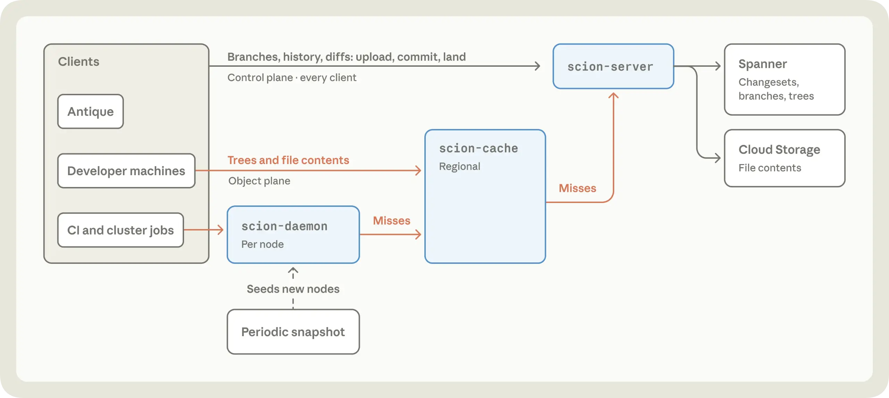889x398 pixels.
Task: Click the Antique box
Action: coord(91,112)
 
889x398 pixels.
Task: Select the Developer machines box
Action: coord(126,171)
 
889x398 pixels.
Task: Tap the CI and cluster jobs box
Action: coord(121,230)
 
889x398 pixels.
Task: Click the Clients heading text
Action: coord(78,62)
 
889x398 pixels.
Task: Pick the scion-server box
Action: coord(613,66)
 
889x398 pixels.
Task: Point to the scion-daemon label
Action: coord(284,226)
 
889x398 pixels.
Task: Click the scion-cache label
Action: coord(479,148)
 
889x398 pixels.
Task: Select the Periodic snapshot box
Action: coord(293,332)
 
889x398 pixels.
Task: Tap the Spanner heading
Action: coord(763,64)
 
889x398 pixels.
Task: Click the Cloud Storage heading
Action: coord(779,150)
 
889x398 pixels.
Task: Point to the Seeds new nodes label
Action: coord(293,289)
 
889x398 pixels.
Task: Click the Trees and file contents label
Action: coord(288,160)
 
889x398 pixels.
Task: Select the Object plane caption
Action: coord(259,181)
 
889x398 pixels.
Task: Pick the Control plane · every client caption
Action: coord(292,78)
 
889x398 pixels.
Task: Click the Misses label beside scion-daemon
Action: coord(392,221)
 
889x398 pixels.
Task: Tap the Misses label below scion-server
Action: coord(578,188)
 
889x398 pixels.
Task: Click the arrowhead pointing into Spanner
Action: coord(717,66)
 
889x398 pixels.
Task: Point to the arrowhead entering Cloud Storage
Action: coord(717,158)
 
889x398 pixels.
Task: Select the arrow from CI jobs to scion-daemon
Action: coord(203,230)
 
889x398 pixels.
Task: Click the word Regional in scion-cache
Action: coord(459,166)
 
